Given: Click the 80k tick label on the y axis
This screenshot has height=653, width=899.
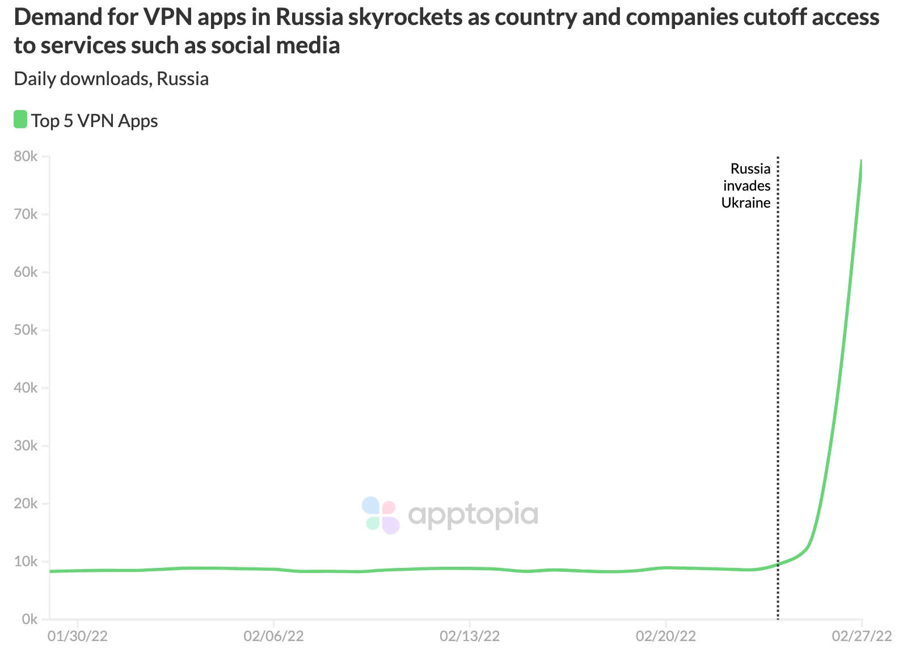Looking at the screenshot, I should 26,157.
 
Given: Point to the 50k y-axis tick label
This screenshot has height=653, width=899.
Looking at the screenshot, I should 26,330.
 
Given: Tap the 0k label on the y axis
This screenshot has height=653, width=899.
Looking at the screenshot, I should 29,620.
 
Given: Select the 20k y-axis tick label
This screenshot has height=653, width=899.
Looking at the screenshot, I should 26,504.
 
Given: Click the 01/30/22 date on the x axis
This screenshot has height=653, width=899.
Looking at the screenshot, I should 78,636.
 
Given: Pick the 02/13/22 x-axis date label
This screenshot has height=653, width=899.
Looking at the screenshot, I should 470,636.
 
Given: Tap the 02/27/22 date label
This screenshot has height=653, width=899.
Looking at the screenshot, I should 862,636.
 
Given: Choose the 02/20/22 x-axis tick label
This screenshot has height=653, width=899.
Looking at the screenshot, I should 665,636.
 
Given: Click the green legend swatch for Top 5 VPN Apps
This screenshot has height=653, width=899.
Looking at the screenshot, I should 20,120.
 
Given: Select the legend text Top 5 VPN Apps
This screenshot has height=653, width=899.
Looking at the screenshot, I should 95,121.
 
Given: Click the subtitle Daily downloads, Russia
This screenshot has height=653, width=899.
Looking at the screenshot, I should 111,79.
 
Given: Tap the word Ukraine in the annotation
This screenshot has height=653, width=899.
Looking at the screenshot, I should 746,203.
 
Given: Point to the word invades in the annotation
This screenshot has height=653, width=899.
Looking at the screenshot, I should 746,186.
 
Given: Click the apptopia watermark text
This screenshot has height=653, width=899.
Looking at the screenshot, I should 472,515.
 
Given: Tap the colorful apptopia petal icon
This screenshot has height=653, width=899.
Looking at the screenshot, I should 381,515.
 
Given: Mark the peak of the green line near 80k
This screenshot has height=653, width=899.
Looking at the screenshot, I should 861,161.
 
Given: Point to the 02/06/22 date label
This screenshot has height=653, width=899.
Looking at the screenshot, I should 273,636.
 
